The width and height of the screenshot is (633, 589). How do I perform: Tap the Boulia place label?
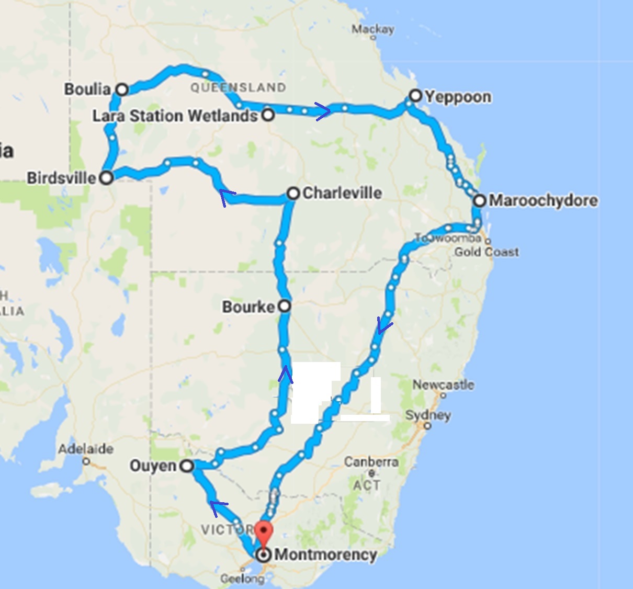87,89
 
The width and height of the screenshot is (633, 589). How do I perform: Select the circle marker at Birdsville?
106,178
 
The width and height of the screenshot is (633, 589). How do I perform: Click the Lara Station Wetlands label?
175,116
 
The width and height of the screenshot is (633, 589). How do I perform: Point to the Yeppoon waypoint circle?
415,96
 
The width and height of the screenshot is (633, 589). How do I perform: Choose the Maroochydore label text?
543,200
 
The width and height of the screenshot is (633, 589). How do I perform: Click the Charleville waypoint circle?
293,194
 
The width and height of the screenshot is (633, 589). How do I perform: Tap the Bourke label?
248,307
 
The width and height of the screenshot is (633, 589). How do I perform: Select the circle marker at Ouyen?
187,466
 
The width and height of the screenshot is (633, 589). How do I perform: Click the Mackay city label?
372,29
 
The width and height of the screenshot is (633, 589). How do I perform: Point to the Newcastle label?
443,385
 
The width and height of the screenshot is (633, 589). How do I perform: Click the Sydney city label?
428,415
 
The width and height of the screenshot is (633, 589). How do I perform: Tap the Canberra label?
371,462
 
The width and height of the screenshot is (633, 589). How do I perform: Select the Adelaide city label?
86,449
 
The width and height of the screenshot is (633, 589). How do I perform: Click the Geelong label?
242,579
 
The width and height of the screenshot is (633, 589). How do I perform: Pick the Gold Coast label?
487,252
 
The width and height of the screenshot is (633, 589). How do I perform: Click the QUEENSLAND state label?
238,87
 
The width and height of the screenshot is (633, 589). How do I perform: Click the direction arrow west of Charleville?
227,197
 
